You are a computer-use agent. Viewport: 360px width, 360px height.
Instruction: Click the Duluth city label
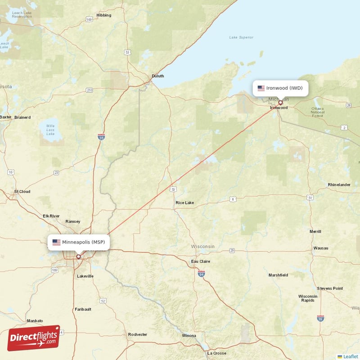[x=157, y=76]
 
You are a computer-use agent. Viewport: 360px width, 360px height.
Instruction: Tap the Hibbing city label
[x=103, y=15]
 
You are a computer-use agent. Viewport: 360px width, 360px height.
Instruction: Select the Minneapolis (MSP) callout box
[x=79, y=242]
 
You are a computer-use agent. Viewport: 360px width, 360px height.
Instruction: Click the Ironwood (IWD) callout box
[x=280, y=88]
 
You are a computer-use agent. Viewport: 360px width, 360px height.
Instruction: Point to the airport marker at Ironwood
[x=280, y=103]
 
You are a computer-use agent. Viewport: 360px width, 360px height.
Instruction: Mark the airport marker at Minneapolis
[x=78, y=257]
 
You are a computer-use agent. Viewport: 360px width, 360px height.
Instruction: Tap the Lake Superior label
[x=241, y=37]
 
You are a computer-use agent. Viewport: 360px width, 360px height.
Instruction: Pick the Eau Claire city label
[x=201, y=261]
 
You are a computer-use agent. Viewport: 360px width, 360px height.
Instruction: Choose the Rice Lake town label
[x=184, y=203]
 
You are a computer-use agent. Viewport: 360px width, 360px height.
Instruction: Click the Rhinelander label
[x=339, y=185]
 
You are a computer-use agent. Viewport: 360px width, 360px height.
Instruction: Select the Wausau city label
[x=321, y=248]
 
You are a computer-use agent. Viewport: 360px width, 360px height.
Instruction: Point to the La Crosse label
[x=216, y=353]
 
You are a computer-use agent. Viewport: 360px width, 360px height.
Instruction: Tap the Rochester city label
[x=137, y=334]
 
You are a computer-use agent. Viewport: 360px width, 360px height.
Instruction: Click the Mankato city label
[x=35, y=321]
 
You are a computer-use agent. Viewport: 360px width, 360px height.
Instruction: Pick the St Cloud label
[x=22, y=192]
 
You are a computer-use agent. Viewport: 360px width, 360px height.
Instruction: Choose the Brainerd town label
[x=22, y=117]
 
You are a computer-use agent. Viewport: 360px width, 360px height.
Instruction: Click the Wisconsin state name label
[x=202, y=247]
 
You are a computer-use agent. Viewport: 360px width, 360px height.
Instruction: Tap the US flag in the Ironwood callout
[x=261, y=88]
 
